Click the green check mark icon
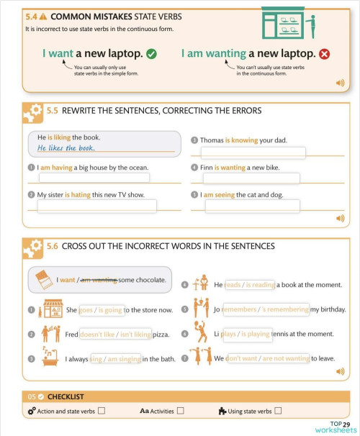click(151, 53)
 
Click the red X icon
click(324, 53)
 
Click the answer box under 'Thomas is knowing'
click(253, 153)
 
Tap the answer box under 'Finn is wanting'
click(253, 178)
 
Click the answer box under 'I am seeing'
click(253, 206)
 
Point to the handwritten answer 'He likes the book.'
click(66, 148)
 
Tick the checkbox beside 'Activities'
click(180, 411)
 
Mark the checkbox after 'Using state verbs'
click(278, 411)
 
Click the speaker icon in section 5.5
click(340, 218)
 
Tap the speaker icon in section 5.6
click(340, 371)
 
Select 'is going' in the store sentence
click(110, 310)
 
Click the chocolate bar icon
click(44, 281)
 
